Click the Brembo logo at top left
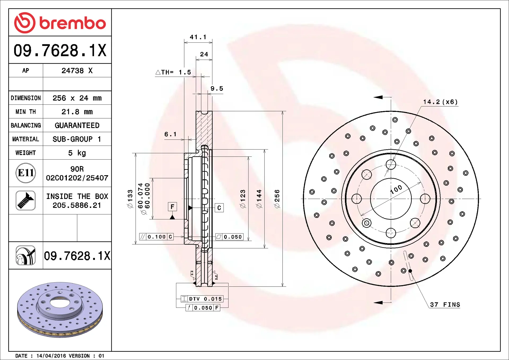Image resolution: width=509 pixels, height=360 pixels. pyautogui.click(x=60, y=23)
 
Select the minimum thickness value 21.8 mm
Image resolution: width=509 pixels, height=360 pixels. pyautogui.click(x=77, y=112)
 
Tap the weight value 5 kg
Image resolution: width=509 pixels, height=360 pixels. pyautogui.click(x=77, y=153)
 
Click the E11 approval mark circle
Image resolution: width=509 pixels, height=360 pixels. pyautogui.click(x=26, y=173)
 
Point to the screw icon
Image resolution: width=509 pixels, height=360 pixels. pyautogui.click(x=26, y=200)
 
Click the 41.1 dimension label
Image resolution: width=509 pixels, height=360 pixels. pyautogui.click(x=198, y=37)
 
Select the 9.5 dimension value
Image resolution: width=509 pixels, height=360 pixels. pyautogui.click(x=217, y=89)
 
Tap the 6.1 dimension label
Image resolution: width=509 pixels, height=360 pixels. pyautogui.click(x=170, y=134)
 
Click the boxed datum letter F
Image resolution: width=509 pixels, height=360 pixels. pyautogui.click(x=172, y=207)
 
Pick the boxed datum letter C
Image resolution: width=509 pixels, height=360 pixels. pyautogui.click(x=219, y=208)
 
